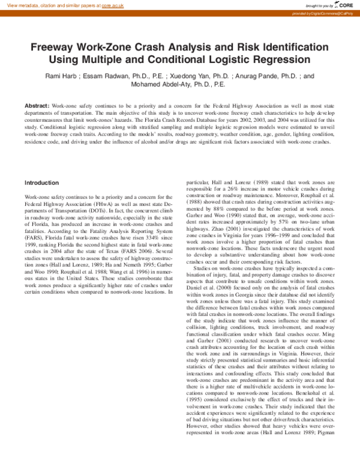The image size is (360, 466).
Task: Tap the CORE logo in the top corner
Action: (x=343, y=5)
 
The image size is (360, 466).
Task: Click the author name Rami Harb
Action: (x=61, y=76)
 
